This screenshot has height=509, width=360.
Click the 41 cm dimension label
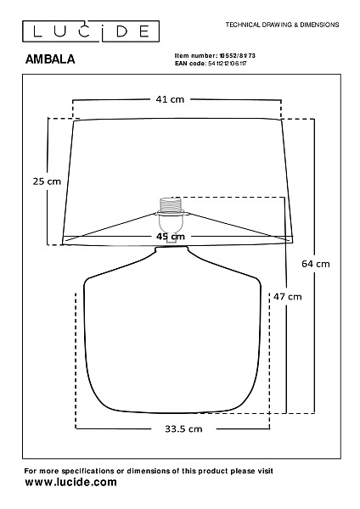(170, 99)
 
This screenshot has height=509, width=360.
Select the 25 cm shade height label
(47, 182)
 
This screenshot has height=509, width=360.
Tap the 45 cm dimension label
(171, 237)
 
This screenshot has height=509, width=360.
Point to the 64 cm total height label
(316, 264)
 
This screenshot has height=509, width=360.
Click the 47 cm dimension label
(288, 297)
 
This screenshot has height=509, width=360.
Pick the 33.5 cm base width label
(183, 429)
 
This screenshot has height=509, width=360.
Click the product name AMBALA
(50, 59)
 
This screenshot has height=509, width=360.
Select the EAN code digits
(227, 64)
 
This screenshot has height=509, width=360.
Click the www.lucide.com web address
(70, 482)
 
